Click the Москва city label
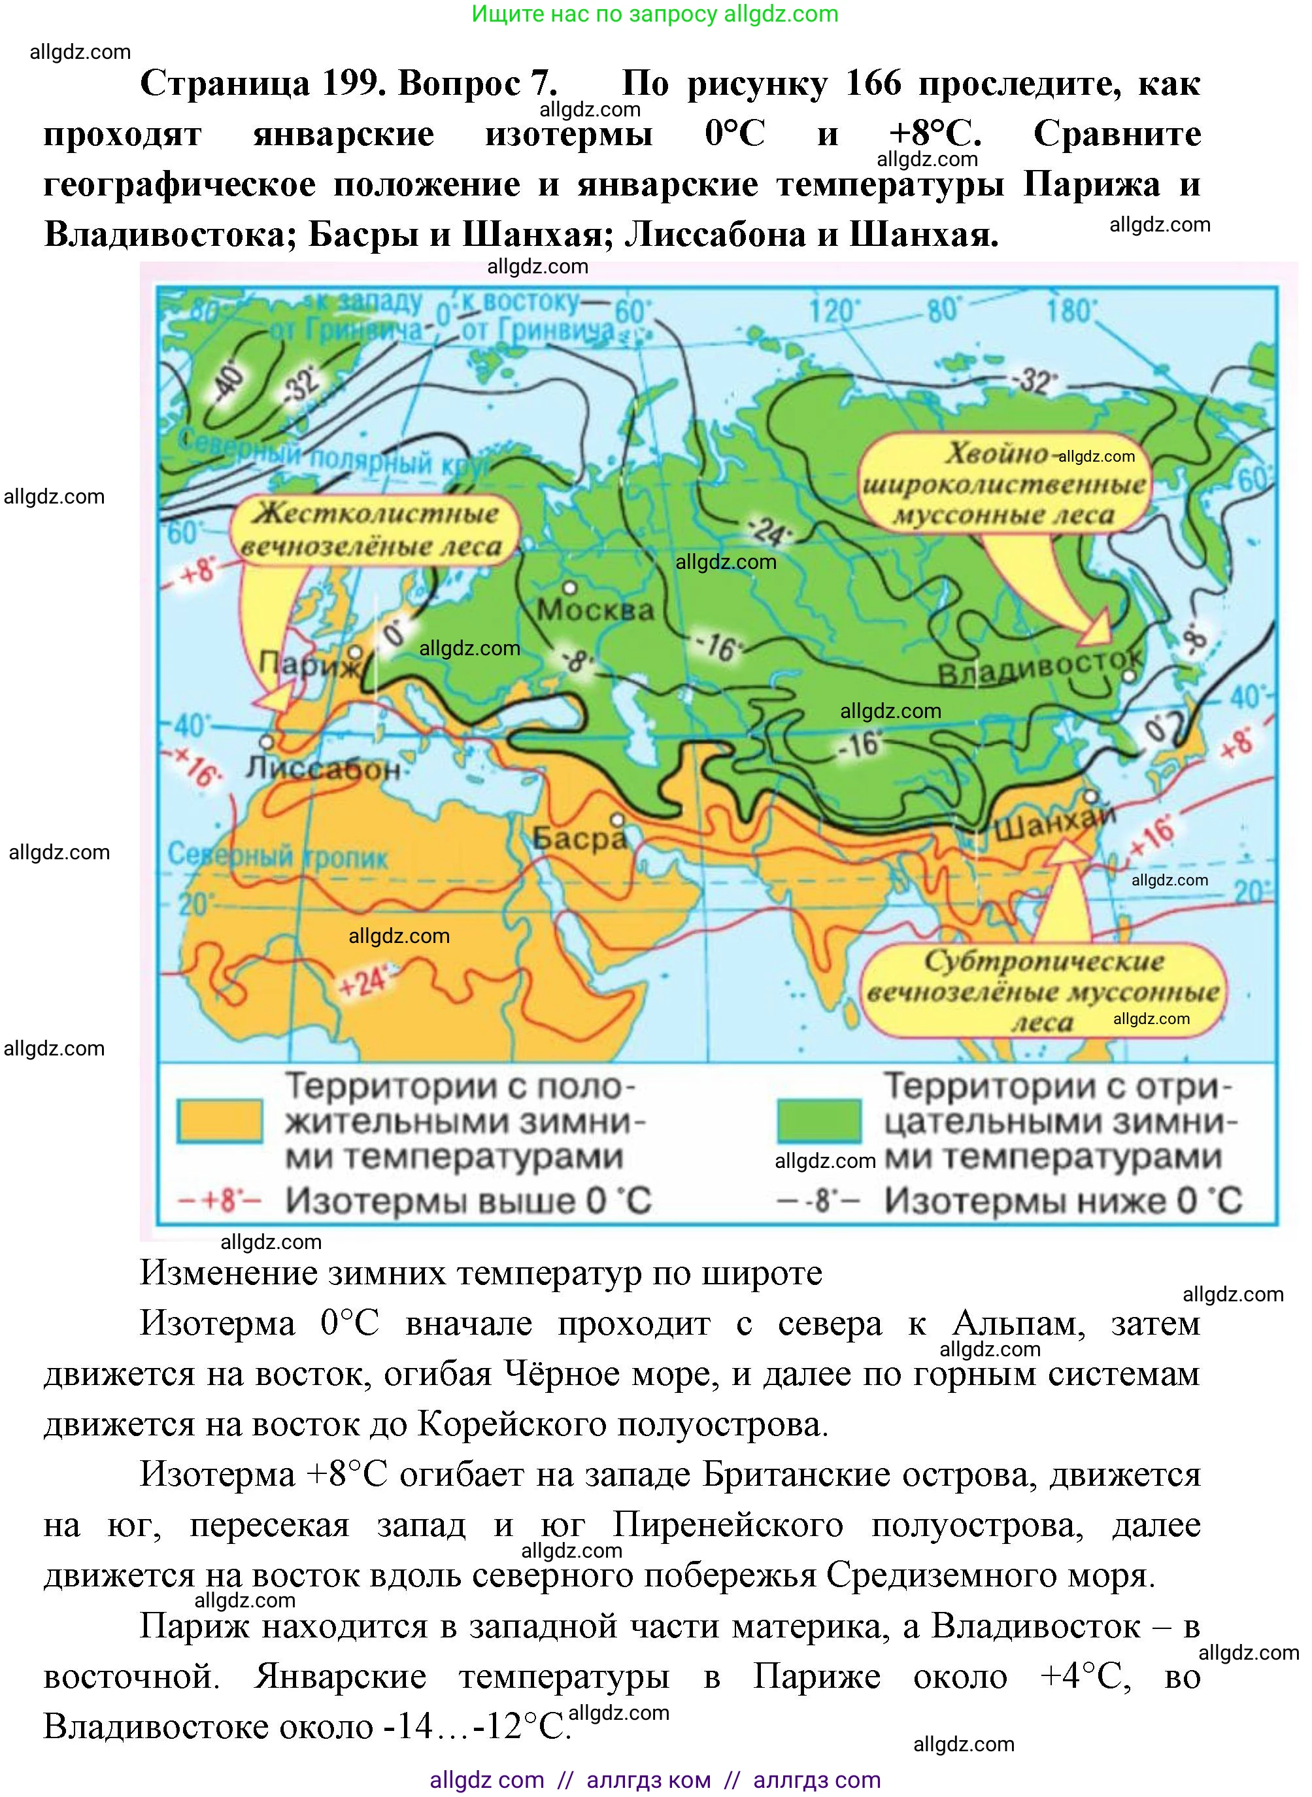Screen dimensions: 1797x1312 (595, 610)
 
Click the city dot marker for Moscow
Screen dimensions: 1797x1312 (569, 588)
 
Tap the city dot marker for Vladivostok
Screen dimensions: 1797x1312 (1130, 677)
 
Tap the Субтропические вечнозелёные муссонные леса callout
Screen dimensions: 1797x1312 (1043, 990)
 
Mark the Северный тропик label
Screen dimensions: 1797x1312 (277, 855)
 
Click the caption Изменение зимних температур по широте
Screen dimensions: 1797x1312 (480, 1272)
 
